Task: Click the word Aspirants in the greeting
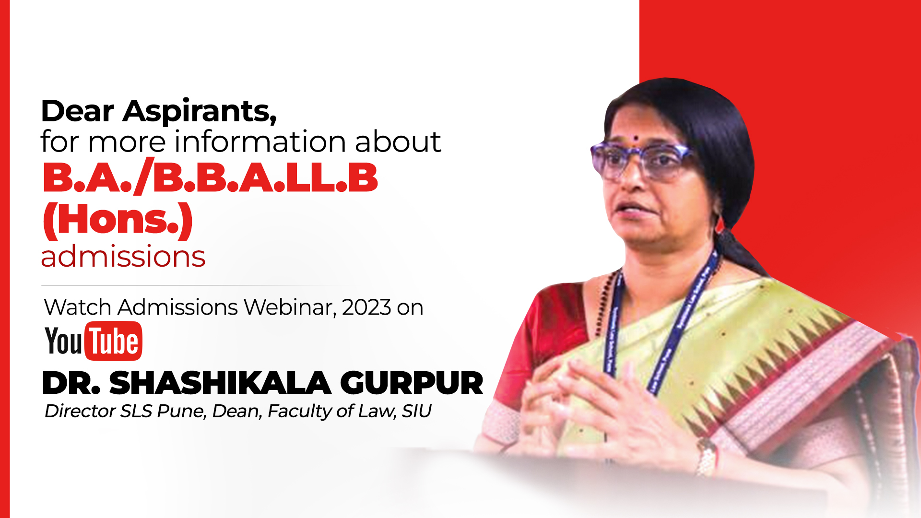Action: (x=200, y=111)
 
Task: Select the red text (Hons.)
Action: (x=118, y=220)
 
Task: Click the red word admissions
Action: (x=123, y=256)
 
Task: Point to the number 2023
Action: (x=366, y=307)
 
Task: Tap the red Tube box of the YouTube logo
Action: (x=114, y=341)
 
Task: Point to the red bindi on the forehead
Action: (x=636, y=139)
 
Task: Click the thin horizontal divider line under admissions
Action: (x=201, y=285)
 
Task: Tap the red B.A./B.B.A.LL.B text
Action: (x=210, y=178)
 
